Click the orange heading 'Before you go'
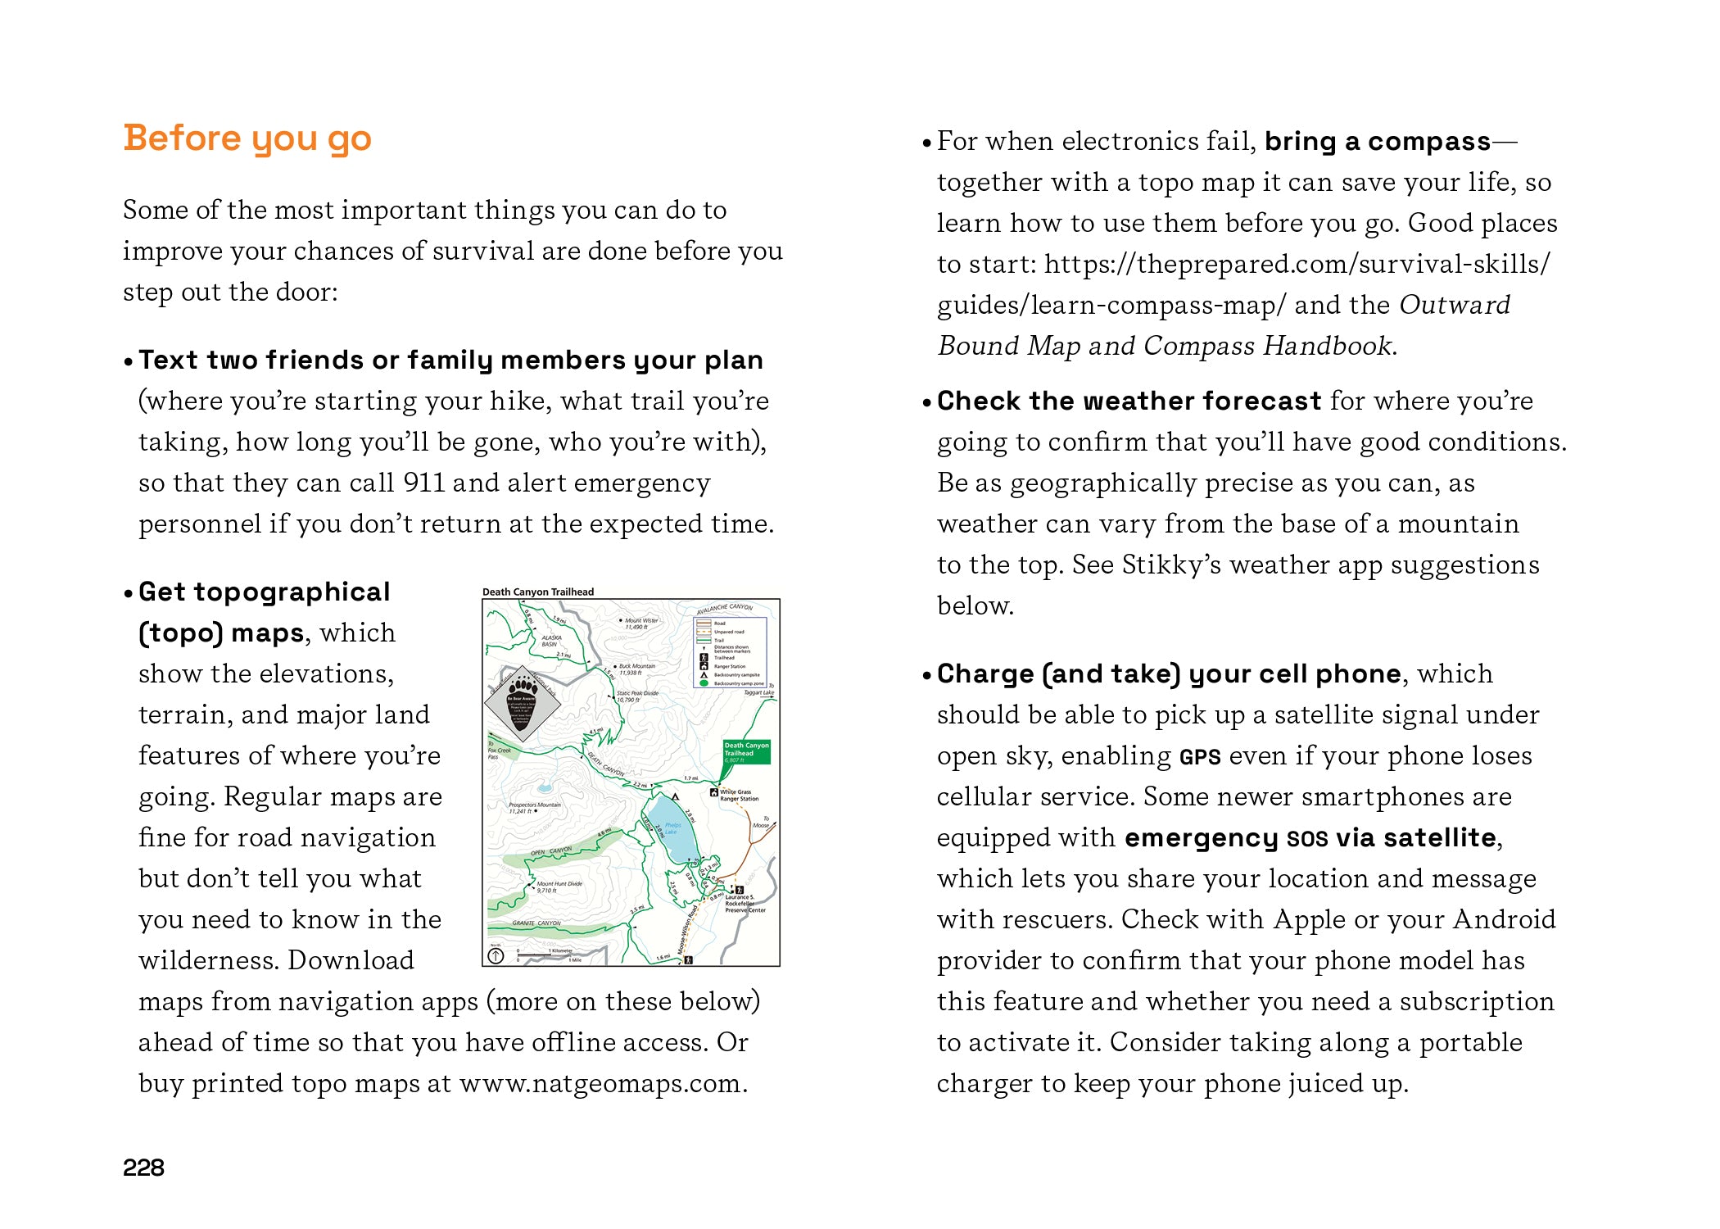click(247, 138)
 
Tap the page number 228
click(143, 1168)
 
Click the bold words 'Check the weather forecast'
click(1128, 401)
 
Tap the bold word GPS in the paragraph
click(1199, 757)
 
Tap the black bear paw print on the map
click(522, 687)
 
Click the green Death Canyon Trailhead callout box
click(745, 751)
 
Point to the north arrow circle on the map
click(496, 955)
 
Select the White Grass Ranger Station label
click(738, 795)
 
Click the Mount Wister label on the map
click(640, 624)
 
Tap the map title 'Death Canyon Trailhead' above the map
click(537, 592)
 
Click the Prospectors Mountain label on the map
click(534, 807)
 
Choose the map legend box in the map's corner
click(730, 652)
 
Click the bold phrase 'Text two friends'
click(251, 360)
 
